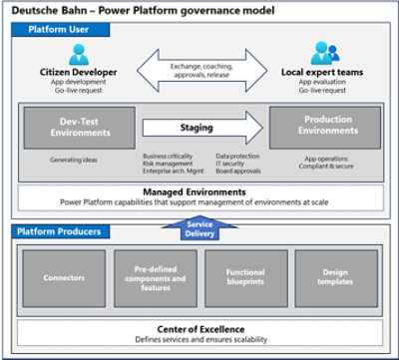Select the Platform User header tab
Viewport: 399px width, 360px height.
click(54, 31)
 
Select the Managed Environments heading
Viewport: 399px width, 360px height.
click(199, 190)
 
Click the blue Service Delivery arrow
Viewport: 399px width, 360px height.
click(199, 228)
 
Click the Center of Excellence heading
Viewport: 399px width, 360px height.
click(199, 329)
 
